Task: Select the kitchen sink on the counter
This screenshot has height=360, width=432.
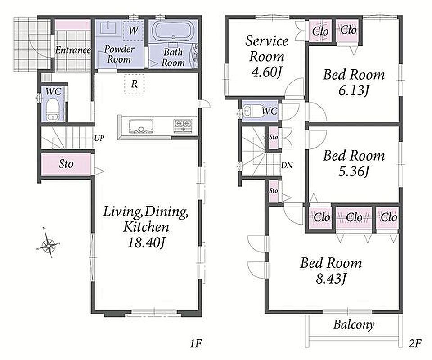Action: click(x=141, y=126)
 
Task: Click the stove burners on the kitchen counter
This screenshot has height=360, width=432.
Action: click(x=183, y=123)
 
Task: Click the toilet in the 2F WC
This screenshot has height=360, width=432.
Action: click(x=251, y=111)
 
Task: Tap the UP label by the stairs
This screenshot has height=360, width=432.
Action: click(x=99, y=138)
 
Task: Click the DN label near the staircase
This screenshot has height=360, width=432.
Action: click(x=287, y=165)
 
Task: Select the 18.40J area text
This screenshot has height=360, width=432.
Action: click(x=146, y=243)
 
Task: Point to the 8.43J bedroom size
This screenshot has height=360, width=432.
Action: click(x=331, y=279)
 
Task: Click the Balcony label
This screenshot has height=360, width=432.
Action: click(x=354, y=325)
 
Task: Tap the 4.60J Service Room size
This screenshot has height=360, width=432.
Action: click(x=267, y=72)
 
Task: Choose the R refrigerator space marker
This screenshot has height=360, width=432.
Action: click(x=134, y=84)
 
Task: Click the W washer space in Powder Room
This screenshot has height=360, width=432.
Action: click(x=133, y=30)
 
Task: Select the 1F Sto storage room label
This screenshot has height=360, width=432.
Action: click(x=66, y=164)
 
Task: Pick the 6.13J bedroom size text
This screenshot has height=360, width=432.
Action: click(x=354, y=90)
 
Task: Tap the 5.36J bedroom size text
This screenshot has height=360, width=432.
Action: click(x=354, y=171)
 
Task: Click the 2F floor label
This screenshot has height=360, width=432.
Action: click(x=414, y=344)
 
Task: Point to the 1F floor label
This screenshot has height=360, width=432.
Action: click(x=196, y=344)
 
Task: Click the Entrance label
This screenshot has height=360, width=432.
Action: click(x=73, y=50)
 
